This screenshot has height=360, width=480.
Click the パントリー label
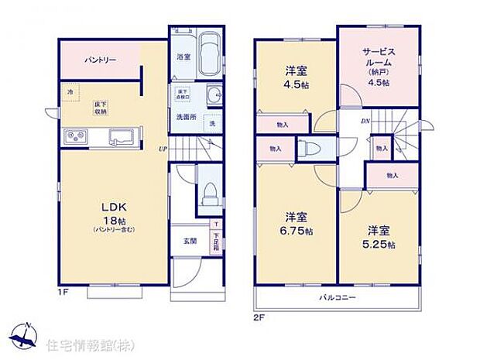click(96, 59)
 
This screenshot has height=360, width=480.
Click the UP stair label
click(163, 149)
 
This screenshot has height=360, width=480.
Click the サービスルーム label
click(379, 58)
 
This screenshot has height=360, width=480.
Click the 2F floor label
click(258, 317)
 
